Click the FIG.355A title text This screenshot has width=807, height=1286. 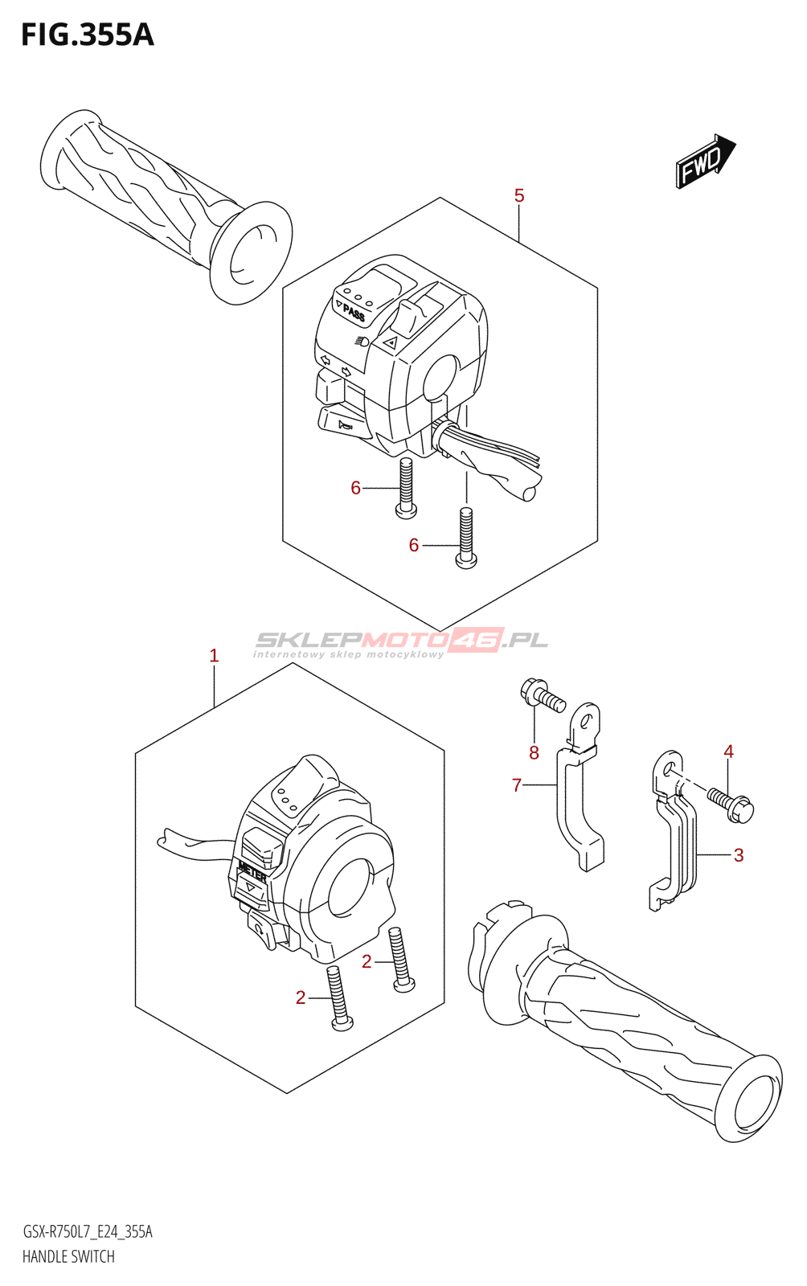pyautogui.click(x=87, y=35)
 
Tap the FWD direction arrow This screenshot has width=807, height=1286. pyautogui.click(x=705, y=162)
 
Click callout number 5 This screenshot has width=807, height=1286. pyautogui.click(x=519, y=195)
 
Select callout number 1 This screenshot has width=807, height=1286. pyautogui.click(x=214, y=656)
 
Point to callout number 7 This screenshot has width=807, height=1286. pyautogui.click(x=517, y=785)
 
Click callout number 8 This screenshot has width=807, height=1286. pyautogui.click(x=534, y=753)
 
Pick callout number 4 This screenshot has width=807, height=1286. pyautogui.click(x=728, y=752)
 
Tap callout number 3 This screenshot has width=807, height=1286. pyautogui.click(x=739, y=855)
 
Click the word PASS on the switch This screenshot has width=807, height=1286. pyautogui.click(x=354, y=313)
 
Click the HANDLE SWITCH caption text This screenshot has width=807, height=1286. pyautogui.click(x=68, y=1256)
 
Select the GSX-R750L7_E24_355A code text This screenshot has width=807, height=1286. pyautogui.click(x=88, y=1232)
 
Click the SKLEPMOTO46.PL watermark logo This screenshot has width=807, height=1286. pyautogui.click(x=401, y=641)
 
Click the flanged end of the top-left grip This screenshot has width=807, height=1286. pyautogui.click(x=251, y=252)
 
